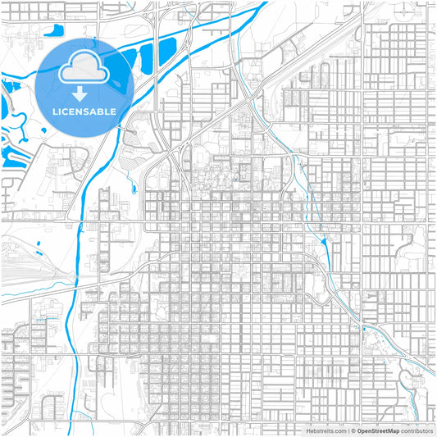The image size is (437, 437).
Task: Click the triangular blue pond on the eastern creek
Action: (326, 241)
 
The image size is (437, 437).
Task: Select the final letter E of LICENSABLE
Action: (112, 110)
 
